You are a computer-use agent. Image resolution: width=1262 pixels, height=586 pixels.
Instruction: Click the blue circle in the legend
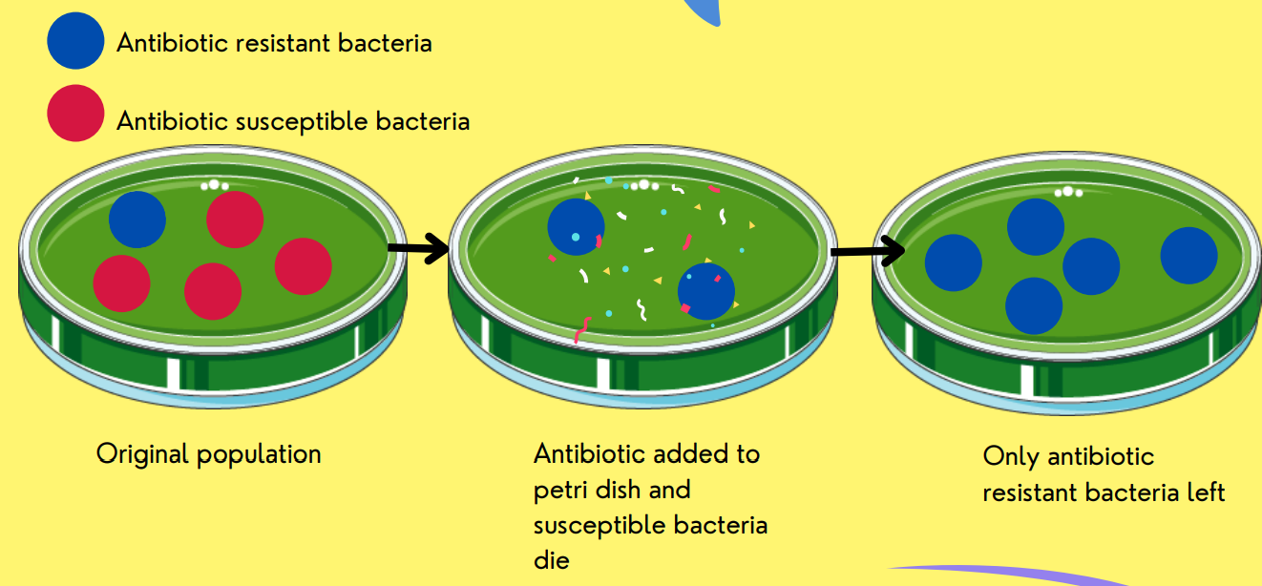tap(75, 41)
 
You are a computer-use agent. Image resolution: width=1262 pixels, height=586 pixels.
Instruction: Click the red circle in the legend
tap(75, 113)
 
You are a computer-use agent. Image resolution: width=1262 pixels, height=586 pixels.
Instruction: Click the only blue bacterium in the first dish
tap(137, 220)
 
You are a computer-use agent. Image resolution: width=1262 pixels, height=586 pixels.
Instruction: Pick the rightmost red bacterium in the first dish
tap(304, 266)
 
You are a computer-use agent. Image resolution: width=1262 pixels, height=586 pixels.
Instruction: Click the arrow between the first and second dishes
tap(419, 248)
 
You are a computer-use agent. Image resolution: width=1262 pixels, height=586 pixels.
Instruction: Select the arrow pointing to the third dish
tap(868, 251)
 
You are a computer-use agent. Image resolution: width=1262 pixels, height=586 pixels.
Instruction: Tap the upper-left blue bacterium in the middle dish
tap(576, 226)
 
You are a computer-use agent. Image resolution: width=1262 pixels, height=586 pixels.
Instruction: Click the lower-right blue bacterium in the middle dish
tap(705, 291)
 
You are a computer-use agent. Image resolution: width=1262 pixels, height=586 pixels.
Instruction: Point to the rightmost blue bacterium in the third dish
tap(1188, 255)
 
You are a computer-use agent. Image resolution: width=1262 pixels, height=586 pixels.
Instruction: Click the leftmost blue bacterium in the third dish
tap(954, 262)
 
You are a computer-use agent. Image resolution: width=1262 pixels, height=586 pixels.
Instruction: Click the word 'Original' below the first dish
tap(142, 454)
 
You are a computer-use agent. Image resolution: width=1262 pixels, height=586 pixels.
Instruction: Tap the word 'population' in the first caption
tap(259, 455)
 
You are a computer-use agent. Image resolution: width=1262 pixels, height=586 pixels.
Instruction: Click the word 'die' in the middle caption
tap(551, 560)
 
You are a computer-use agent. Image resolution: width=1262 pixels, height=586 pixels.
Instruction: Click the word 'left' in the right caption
tap(1207, 492)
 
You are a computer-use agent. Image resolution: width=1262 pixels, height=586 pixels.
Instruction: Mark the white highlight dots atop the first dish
tap(215, 185)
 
